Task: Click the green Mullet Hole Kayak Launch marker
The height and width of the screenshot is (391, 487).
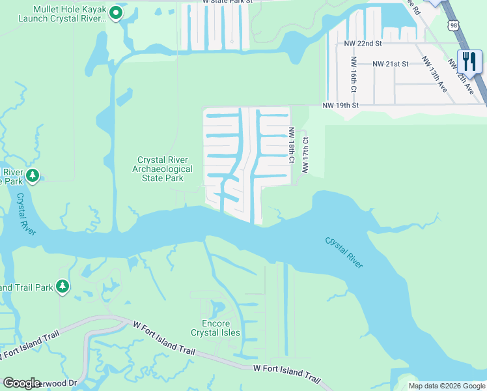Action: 116,12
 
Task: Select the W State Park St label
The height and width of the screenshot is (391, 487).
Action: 227,3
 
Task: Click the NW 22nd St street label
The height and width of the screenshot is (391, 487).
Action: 363,44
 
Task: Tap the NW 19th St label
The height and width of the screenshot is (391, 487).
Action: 341,105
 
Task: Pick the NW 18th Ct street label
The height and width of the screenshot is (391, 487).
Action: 292,145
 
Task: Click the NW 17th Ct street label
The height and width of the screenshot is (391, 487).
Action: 304,155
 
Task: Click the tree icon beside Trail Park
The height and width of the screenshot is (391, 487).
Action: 62,286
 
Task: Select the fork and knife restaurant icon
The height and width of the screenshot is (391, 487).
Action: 469,61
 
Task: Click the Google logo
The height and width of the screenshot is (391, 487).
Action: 21,383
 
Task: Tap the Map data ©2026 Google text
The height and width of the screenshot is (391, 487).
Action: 447,386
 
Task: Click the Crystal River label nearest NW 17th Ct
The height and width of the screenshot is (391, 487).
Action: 344,252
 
